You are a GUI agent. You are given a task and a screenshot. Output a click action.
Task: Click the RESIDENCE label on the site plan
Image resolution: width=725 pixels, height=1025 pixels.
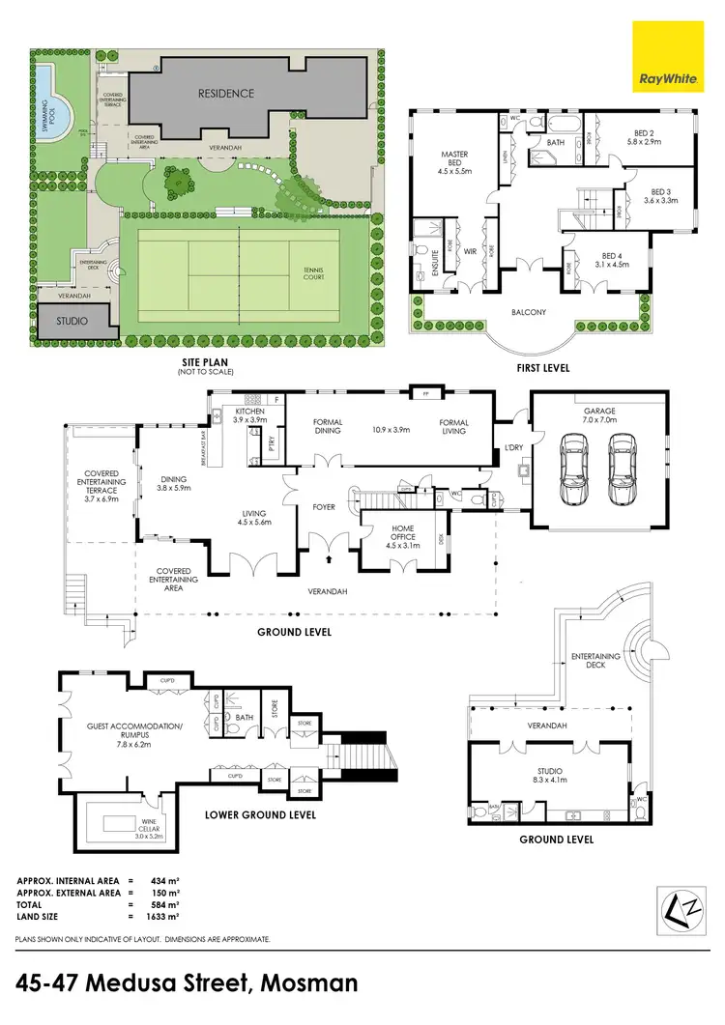click(x=226, y=94)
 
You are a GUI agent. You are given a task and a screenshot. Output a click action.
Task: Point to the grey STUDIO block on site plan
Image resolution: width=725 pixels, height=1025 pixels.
click(x=72, y=321)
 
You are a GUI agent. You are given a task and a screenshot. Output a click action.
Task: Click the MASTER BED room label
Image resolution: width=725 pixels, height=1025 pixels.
click(x=455, y=159)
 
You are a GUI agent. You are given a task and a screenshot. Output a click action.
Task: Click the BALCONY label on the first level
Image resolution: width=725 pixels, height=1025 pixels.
click(x=529, y=312)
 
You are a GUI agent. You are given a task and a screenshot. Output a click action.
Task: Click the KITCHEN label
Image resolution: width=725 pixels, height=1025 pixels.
click(x=249, y=416)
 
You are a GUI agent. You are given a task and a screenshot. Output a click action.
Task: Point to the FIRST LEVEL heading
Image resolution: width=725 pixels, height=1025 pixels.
click(x=543, y=368)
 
